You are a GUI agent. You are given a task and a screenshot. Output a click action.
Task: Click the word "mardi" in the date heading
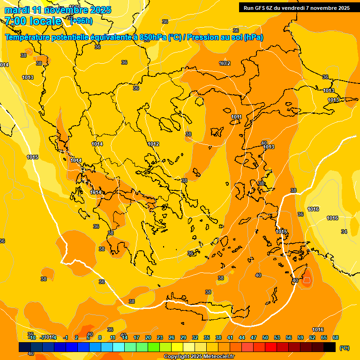(x=15, y=10)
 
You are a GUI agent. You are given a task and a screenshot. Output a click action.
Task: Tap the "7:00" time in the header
(x=16, y=21)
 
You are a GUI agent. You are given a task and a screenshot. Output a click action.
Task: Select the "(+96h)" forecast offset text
(x=81, y=21)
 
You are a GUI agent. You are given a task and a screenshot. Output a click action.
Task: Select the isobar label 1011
(x=236, y=117)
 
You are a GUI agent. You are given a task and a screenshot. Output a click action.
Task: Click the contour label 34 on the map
(x=344, y=232)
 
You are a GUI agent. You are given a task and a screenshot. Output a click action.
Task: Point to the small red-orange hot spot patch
(x=307, y=281)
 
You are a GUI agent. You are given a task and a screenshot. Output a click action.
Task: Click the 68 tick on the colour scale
(x=336, y=337)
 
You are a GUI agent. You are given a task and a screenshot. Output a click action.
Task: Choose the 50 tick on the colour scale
(x=265, y=337)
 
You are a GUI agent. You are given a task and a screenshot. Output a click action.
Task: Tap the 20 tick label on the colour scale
(x=148, y=337)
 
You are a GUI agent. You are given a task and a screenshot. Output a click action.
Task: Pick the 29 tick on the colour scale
(x=183, y=337)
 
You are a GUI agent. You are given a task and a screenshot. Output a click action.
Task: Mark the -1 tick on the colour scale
(x=66, y=337)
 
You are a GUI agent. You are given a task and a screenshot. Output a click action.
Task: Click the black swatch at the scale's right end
(x=330, y=347)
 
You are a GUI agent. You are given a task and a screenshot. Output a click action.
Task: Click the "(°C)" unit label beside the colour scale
(x=345, y=347)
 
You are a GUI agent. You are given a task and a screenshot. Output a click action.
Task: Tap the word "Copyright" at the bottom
(x=177, y=357)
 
